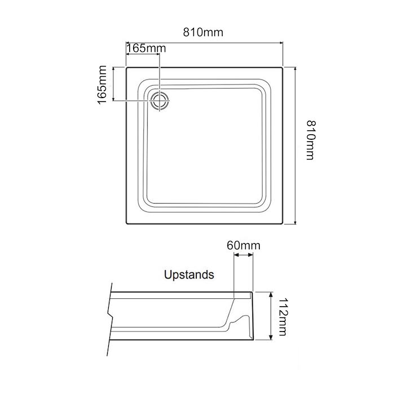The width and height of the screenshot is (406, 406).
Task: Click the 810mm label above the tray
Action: click(x=203, y=32)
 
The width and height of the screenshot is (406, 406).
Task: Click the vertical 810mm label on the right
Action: click(x=309, y=139)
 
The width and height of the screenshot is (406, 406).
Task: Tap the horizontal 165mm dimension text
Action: click(x=147, y=48)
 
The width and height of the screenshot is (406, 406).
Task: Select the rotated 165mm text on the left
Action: click(x=102, y=85)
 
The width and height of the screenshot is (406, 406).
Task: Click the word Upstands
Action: click(x=189, y=275)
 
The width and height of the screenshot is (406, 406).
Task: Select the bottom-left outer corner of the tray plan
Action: click(x=126, y=224)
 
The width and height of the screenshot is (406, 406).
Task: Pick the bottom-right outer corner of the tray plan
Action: click(x=283, y=224)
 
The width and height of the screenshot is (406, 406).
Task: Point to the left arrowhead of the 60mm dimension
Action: click(x=235, y=255)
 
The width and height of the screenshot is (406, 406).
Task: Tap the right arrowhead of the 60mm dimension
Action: click(x=251, y=255)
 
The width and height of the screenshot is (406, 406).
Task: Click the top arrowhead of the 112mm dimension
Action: click(x=272, y=294)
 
